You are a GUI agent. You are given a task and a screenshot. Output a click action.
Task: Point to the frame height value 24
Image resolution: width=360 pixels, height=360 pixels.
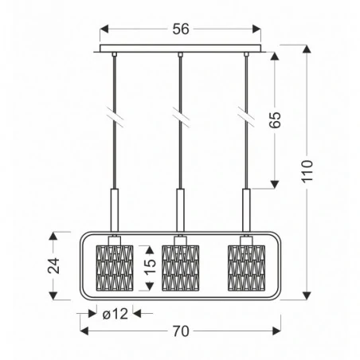(x=53, y=266)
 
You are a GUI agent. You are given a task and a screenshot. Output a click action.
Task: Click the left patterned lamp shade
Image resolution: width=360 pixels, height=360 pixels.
(x=112, y=267)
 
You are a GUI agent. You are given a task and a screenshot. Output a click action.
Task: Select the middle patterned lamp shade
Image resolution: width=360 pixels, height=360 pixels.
(x=178, y=267)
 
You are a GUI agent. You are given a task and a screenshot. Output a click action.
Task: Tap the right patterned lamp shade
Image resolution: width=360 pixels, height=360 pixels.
(x=245, y=267)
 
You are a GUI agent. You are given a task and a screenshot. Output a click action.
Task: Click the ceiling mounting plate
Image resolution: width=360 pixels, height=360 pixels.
(x=180, y=50)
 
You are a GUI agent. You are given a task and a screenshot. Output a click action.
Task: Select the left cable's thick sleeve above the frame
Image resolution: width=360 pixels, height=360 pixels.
(x=114, y=209)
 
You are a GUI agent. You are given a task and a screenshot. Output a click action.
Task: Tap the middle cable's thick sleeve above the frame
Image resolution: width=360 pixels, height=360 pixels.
(x=180, y=209)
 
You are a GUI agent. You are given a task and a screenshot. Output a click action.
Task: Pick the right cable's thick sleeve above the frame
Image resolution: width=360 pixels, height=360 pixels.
(x=245, y=209)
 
